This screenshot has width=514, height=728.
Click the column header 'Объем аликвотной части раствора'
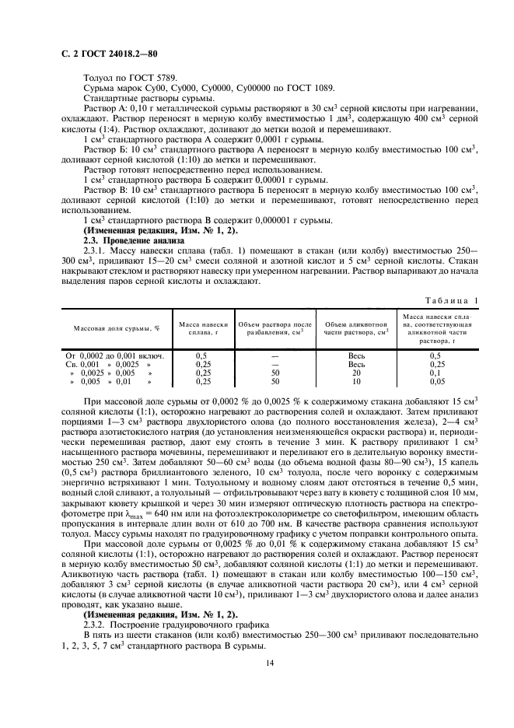pos(356,328)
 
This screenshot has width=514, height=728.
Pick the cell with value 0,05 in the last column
pos(435,382)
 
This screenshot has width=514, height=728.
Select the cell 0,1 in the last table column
pos(435,373)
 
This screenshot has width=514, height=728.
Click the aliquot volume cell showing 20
pos(356,373)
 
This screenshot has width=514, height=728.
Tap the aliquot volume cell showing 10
pos(356,382)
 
